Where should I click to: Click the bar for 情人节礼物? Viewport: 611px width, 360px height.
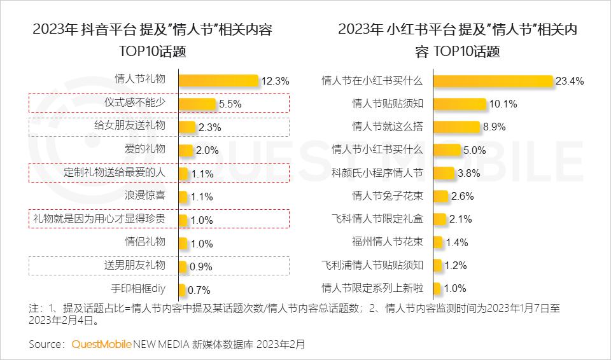pyautogui.click(x=218, y=80)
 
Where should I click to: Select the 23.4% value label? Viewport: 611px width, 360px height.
pyautogui.click(x=570, y=81)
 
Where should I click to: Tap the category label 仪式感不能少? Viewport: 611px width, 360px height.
pyautogui.click(x=134, y=102)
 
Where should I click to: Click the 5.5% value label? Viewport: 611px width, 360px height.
pyautogui.click(x=230, y=104)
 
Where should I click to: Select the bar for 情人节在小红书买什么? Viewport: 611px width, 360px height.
pyautogui.click(x=493, y=81)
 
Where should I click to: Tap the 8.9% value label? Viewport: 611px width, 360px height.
pyautogui.click(x=495, y=127)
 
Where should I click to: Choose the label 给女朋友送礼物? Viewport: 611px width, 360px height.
pyautogui.click(x=130, y=125)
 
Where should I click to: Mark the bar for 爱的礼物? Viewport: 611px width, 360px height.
pyautogui.click(x=185, y=150)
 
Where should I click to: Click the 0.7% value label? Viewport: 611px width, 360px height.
pyautogui.click(x=199, y=290)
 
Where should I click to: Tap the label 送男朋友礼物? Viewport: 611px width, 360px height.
pyautogui.click(x=134, y=265)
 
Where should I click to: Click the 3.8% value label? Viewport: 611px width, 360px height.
pyautogui.click(x=468, y=173)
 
